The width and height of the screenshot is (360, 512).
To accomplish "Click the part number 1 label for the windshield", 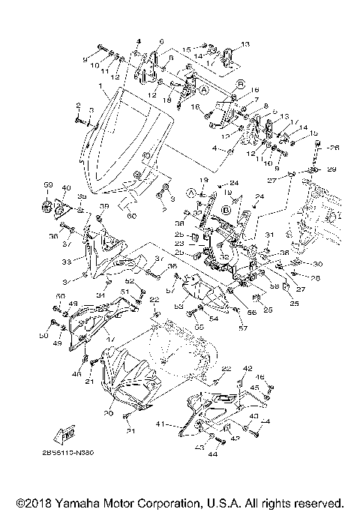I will pos(100,88).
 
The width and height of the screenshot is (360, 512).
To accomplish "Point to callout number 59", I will pos(46,184).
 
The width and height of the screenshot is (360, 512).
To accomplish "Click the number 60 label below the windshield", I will pos(132,216).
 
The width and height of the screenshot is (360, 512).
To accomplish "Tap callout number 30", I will pos(317,264).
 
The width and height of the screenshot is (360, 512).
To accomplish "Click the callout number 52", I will pos(129,282).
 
